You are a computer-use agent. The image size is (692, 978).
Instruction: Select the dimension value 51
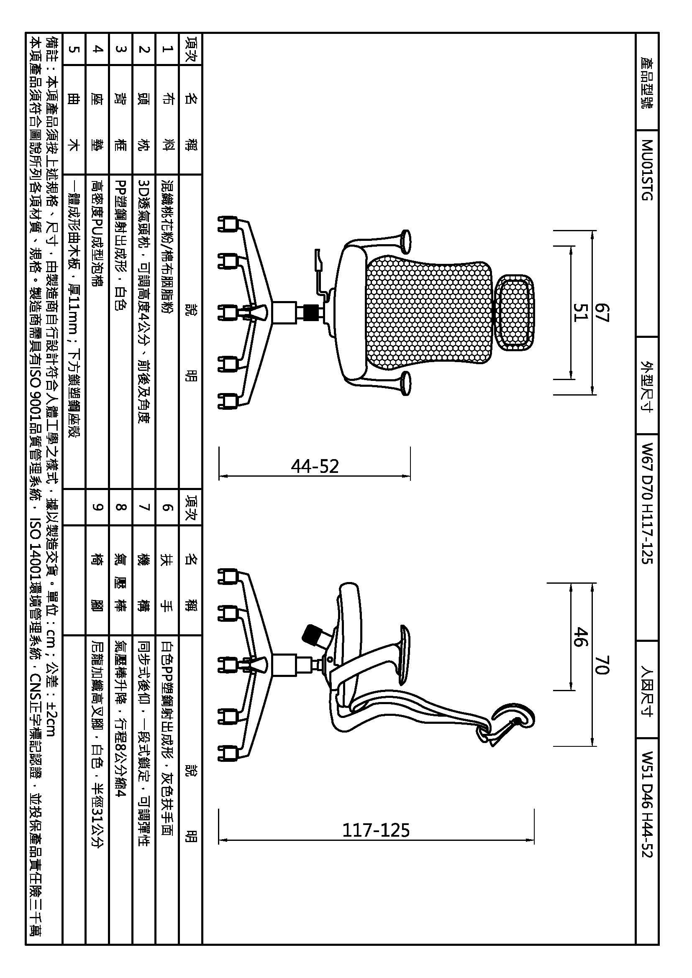[580, 312]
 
